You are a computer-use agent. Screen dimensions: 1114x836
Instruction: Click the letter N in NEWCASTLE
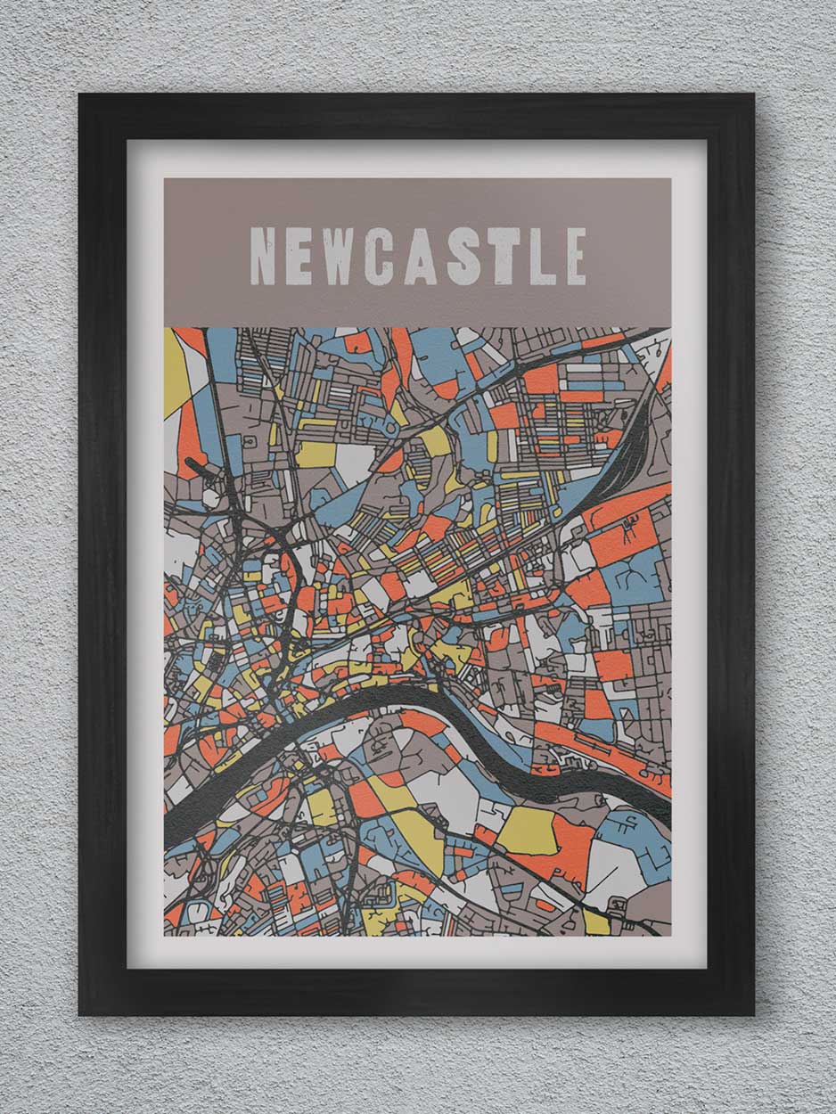tap(263, 256)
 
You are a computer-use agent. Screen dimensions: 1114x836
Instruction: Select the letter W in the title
tap(339, 256)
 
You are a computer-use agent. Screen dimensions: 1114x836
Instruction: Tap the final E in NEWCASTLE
tap(576, 256)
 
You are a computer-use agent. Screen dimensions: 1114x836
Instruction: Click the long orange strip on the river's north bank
tap(615, 758)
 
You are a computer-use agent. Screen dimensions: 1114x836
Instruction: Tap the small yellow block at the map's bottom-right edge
tap(596, 922)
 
